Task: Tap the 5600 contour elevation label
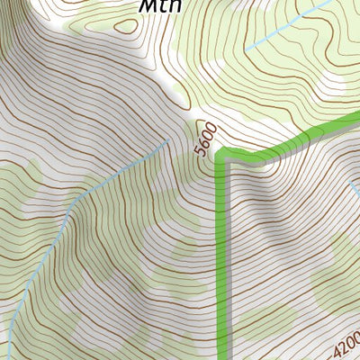(x=205, y=139)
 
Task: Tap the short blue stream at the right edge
(x=354, y=189)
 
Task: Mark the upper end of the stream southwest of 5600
(x=167, y=141)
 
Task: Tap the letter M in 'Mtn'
(x=148, y=6)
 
